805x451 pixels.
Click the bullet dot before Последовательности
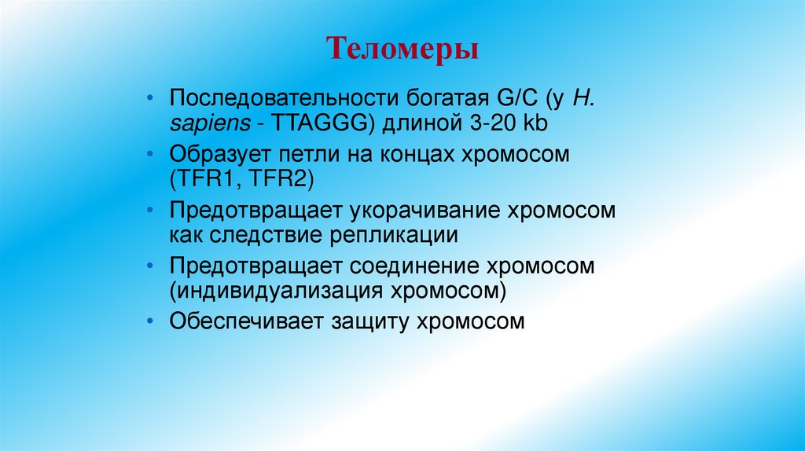(x=151, y=101)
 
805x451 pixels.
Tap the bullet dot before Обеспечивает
(x=151, y=321)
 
